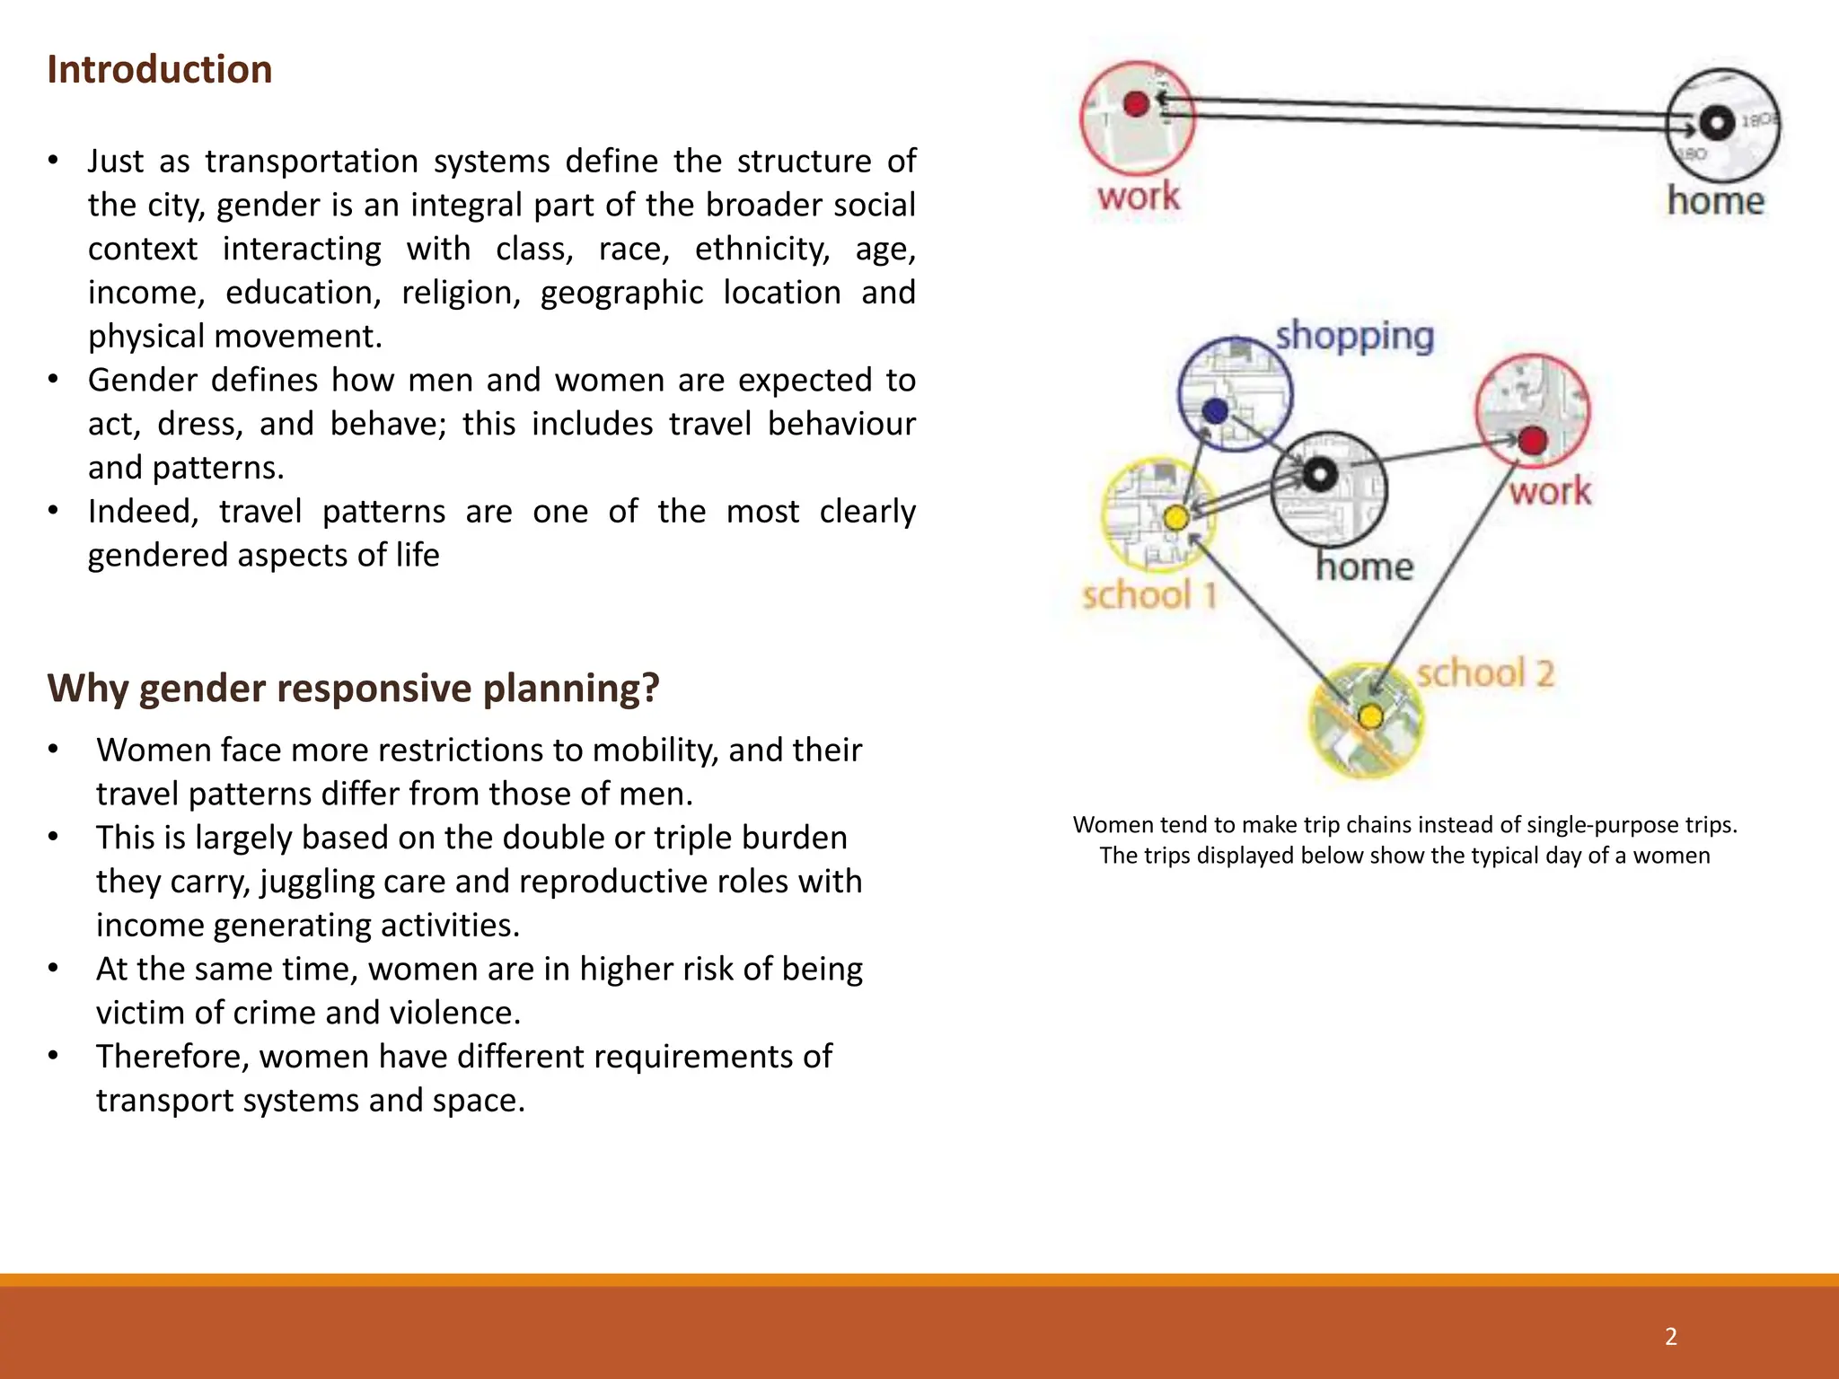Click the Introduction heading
point(159,70)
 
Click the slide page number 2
point(1670,1336)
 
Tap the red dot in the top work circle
point(1136,104)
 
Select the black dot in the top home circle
point(1717,122)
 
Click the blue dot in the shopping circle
point(1215,411)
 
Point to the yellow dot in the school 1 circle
point(1175,518)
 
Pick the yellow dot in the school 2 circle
point(1370,716)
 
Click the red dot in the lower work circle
point(1533,440)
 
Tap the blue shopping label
point(1354,337)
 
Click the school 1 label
point(1148,595)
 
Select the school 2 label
point(1484,673)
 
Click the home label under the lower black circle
point(1364,567)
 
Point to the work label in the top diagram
point(1138,197)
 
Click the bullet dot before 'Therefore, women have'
point(54,1056)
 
